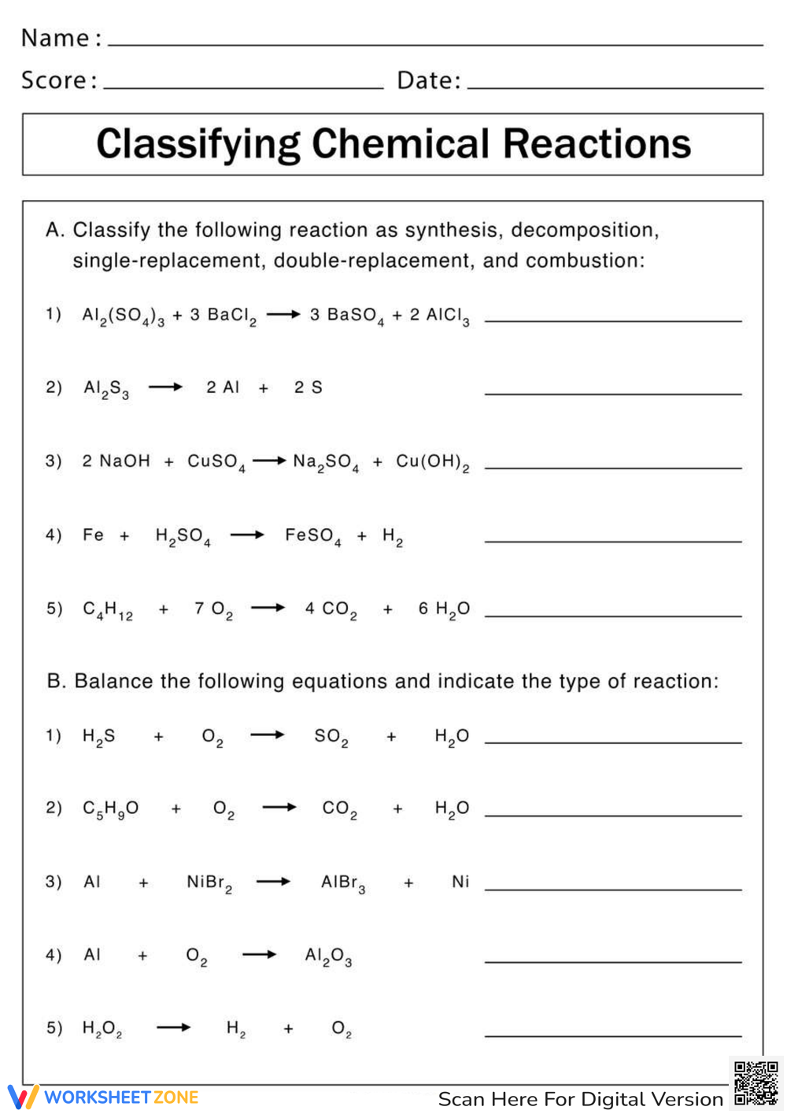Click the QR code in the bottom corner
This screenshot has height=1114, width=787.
click(756, 1083)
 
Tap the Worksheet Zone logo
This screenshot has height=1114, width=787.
click(103, 1097)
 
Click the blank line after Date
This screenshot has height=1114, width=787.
click(615, 85)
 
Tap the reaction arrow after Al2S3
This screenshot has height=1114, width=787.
click(165, 387)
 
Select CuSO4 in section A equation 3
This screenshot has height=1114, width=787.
click(216, 462)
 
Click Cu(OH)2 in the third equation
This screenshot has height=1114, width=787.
click(432, 462)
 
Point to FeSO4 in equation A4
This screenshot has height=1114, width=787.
click(312, 536)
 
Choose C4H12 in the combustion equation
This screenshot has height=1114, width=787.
click(108, 610)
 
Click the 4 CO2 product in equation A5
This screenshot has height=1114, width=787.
click(331, 610)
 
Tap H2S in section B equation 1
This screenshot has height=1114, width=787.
click(99, 737)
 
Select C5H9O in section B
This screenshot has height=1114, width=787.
click(110, 809)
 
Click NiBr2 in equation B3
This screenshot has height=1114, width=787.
click(209, 883)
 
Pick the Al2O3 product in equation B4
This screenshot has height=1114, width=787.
click(328, 956)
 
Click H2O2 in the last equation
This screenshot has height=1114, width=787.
click(102, 1029)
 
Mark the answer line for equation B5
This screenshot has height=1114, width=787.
click(613, 1033)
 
